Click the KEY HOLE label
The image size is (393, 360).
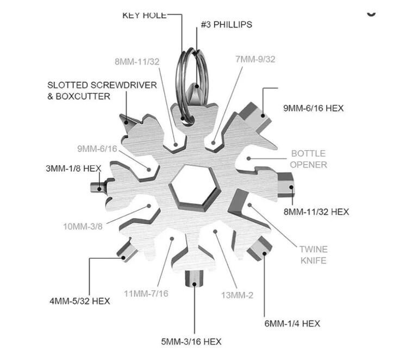click(x=144, y=16)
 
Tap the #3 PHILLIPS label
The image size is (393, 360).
click(x=226, y=25)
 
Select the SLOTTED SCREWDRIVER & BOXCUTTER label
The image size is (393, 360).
click(x=102, y=90)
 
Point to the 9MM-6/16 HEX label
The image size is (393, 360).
click(x=313, y=108)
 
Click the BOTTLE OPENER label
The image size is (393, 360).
click(x=309, y=159)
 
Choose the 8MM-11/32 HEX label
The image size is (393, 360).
click(x=316, y=212)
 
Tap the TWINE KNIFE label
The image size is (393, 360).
click(x=313, y=255)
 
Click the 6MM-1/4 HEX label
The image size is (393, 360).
click(x=292, y=324)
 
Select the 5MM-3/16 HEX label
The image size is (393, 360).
click(x=191, y=342)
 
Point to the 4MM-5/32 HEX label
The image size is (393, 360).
click(x=80, y=301)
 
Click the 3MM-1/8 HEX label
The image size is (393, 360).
click(x=73, y=169)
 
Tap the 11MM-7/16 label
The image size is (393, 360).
click(x=146, y=294)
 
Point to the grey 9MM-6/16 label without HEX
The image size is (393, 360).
click(x=97, y=148)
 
